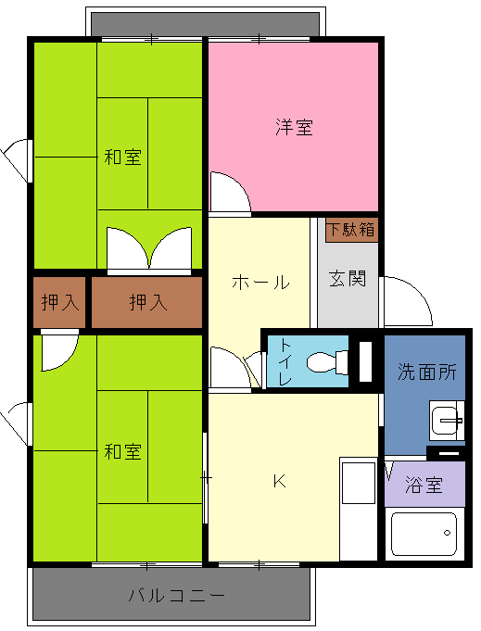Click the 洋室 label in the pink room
294,127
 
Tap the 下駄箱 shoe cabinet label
352,230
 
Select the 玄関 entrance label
348,279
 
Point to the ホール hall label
260,282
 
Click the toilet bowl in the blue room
327,361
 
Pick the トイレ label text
285,361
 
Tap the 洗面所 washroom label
426,372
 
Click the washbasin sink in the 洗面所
447,420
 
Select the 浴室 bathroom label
424,485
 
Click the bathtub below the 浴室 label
424,534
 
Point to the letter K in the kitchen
279,481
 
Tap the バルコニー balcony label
177,595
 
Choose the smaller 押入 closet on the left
59,302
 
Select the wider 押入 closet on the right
147,302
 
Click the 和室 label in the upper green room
122,157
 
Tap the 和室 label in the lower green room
122,451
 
